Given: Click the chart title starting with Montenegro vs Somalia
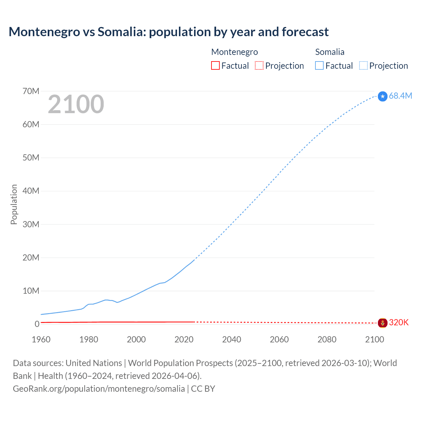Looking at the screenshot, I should pos(168,32).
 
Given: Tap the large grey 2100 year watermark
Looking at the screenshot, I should pos(76,104).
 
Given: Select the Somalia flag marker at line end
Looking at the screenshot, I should pos(383,96).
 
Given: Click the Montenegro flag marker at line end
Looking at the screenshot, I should pos(383,323).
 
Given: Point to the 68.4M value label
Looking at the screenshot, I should pos(400,96).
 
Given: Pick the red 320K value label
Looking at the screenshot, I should pos(399,323).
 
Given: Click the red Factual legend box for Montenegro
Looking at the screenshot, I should pos(215,65).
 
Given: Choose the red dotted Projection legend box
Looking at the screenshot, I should pos(259,65).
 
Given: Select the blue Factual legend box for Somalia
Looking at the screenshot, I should pos(319,65).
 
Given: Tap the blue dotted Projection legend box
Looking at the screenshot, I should pos(363,65).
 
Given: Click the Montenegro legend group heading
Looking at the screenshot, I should pos(235,52).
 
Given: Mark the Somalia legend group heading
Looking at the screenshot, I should pos(330,52).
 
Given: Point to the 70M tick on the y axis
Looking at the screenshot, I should pos(31,91).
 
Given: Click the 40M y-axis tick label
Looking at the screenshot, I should pos(31,191).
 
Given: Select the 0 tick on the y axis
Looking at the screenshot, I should pos(37,324).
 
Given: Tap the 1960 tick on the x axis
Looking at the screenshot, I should pos(41,339).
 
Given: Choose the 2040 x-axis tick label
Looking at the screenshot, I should pos(232,339).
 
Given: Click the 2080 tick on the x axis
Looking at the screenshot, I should pos(327,339).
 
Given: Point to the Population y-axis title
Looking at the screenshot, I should pos(14,204).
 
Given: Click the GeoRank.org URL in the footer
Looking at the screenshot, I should pos(99,389).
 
